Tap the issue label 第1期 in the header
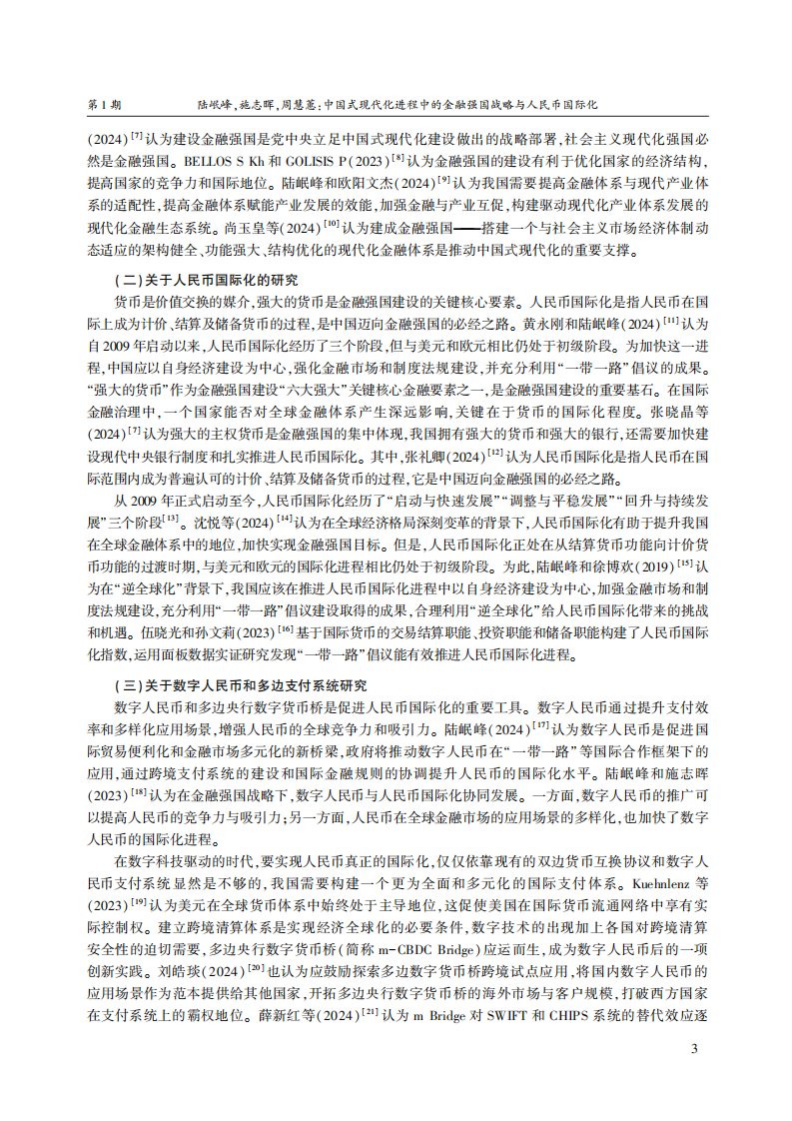105,103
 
